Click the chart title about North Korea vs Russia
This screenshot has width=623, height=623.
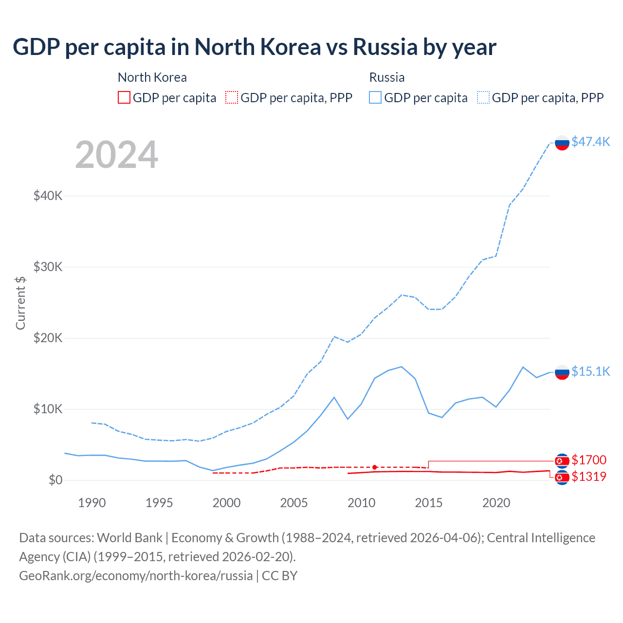click(x=254, y=47)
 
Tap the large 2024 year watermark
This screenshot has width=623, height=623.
click(x=116, y=155)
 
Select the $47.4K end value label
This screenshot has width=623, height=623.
click(x=590, y=142)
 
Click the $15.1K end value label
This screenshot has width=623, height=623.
click(x=590, y=371)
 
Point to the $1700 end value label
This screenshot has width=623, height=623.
click(x=589, y=460)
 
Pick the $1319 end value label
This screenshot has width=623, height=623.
click(x=589, y=476)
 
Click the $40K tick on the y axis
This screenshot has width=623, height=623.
click(x=48, y=196)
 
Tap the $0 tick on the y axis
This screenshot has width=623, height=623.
click(x=55, y=480)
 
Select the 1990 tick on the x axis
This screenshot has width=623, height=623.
click(x=92, y=503)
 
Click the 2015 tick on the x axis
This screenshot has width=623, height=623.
click(x=428, y=503)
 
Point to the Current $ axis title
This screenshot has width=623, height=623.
click(x=20, y=303)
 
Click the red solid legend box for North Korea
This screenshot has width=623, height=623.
click(x=124, y=98)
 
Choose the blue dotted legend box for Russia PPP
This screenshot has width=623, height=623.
click(x=483, y=98)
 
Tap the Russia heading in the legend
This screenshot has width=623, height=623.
click(x=387, y=77)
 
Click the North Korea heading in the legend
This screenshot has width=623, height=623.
click(x=152, y=77)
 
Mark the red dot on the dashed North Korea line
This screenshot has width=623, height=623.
click(x=374, y=467)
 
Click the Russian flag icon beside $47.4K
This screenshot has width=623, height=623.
click(x=562, y=143)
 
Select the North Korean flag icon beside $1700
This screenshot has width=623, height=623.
click(x=562, y=460)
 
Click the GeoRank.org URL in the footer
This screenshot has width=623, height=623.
click(x=136, y=575)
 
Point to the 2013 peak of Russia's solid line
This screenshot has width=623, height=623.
click(x=401, y=366)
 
